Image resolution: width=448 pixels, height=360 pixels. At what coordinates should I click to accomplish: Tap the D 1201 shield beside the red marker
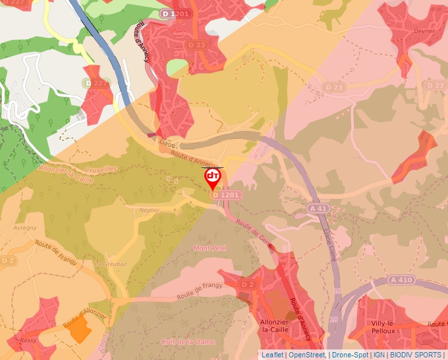[x=226, y=195]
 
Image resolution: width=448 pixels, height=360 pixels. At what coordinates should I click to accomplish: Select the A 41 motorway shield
[x=318, y=208]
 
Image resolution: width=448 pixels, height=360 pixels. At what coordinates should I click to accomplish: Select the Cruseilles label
[x=101, y=168]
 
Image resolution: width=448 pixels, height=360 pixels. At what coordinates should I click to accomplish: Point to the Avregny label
[x=25, y=228]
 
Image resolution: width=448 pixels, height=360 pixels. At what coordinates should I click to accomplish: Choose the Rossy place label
[x=28, y=340]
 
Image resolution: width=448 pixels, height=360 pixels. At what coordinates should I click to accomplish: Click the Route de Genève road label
[x=254, y=233]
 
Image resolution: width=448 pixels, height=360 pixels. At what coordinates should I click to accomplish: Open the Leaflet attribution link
[x=273, y=355]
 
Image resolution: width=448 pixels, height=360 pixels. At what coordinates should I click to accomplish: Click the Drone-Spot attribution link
[x=349, y=355]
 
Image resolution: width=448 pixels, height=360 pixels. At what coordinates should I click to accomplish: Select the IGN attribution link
[x=379, y=355]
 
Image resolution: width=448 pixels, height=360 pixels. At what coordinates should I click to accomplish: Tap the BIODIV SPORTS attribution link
[x=416, y=355]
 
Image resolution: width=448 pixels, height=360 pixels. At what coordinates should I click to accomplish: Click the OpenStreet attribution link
[x=307, y=355]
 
